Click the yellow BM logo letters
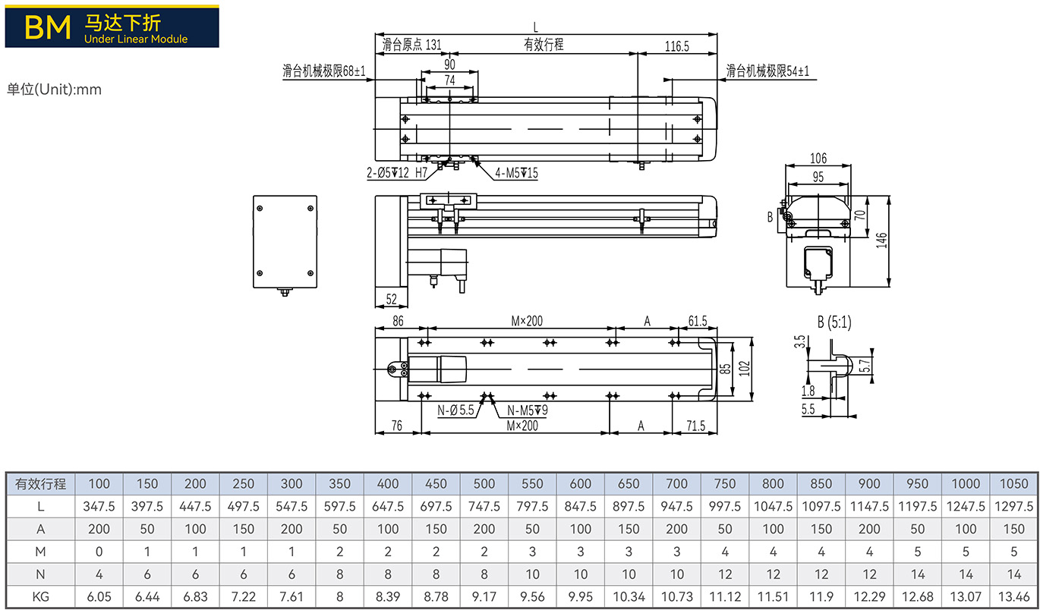(47, 27)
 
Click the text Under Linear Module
(136, 39)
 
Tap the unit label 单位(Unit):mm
(54, 89)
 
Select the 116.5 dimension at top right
(676, 46)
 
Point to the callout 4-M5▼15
(516, 173)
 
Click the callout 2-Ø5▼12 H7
(397, 173)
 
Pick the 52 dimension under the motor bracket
(392, 299)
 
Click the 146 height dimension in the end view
(881, 241)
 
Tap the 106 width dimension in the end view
(818, 158)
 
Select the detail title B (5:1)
(834, 322)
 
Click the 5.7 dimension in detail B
(865, 366)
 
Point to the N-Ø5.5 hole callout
(455, 410)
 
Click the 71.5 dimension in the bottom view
(695, 426)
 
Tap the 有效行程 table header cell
(41, 484)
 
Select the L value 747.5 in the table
(484, 506)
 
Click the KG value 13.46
(1013, 596)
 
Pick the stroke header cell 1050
(1013, 484)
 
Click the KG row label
(41, 596)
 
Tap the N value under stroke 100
(99, 574)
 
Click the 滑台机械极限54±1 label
(767, 71)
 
